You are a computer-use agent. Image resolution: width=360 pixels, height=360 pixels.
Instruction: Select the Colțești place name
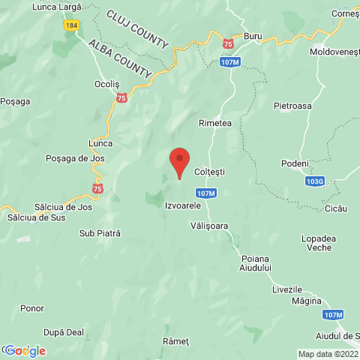coord(209,172)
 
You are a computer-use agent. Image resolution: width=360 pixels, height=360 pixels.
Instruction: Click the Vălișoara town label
coord(209,225)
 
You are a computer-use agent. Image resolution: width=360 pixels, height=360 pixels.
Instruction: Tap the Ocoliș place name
coord(106,84)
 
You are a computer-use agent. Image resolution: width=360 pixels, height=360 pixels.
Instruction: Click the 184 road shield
coord(70,25)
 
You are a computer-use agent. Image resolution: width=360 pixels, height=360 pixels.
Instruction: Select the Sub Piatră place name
coord(100,234)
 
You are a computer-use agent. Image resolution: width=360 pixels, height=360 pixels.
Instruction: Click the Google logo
coord(25,350)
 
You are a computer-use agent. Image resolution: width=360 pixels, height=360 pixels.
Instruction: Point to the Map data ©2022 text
coord(328,354)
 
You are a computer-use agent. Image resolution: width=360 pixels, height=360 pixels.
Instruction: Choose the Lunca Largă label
coord(56,6)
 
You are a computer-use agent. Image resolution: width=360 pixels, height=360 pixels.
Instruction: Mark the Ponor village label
coord(33,308)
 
